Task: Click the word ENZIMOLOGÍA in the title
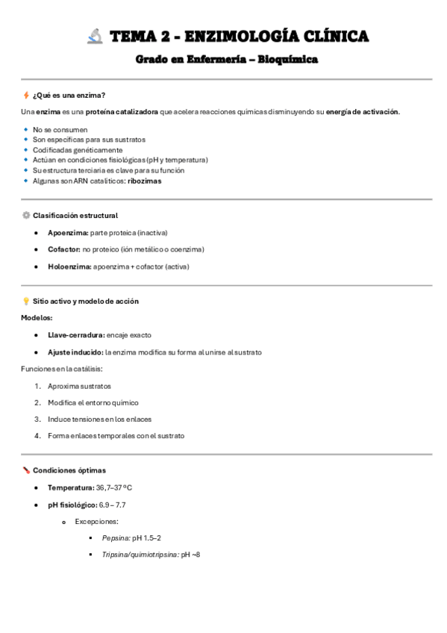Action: [x=237, y=36]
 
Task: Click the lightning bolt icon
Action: [x=26, y=96]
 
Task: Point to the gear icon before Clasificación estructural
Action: [x=26, y=216]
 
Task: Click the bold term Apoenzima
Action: [x=68, y=233]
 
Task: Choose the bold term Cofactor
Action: [x=63, y=249]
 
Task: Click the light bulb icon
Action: [x=26, y=302]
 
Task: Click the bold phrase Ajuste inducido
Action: [x=75, y=352]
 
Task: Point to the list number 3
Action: [x=37, y=420]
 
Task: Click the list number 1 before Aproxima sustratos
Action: [x=37, y=386]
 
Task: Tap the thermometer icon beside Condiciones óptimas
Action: [x=26, y=470]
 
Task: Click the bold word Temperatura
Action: [x=70, y=487]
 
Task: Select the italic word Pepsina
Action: [x=116, y=538]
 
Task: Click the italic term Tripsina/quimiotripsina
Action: [x=140, y=555]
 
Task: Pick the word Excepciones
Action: [x=96, y=522]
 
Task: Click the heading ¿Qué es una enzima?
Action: [x=69, y=96]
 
